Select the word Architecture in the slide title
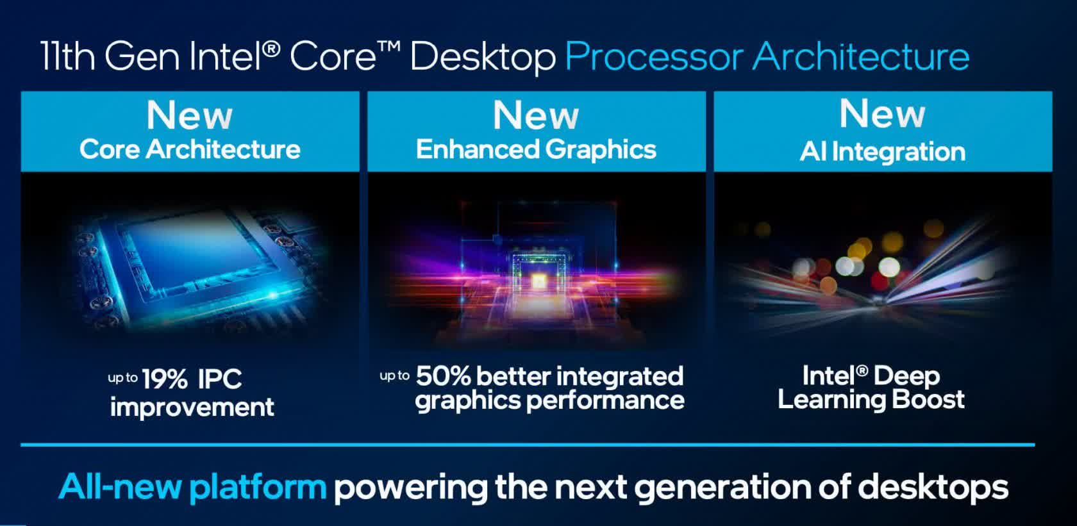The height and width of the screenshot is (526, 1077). coord(861,56)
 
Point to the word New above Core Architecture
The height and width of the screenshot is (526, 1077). coord(190,115)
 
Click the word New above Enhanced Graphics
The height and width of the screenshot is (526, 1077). coord(536,115)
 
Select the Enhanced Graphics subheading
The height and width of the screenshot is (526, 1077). coord(536,150)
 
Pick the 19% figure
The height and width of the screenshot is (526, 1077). coord(164,379)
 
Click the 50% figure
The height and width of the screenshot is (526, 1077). coord(443,376)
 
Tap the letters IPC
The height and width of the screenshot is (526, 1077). coord(220,379)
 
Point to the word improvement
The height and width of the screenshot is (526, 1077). coord(192,407)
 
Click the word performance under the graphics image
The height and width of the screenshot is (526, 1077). coord(605,400)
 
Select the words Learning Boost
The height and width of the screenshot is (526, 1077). coord(871,400)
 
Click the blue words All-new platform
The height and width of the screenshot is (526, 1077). coord(192,487)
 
